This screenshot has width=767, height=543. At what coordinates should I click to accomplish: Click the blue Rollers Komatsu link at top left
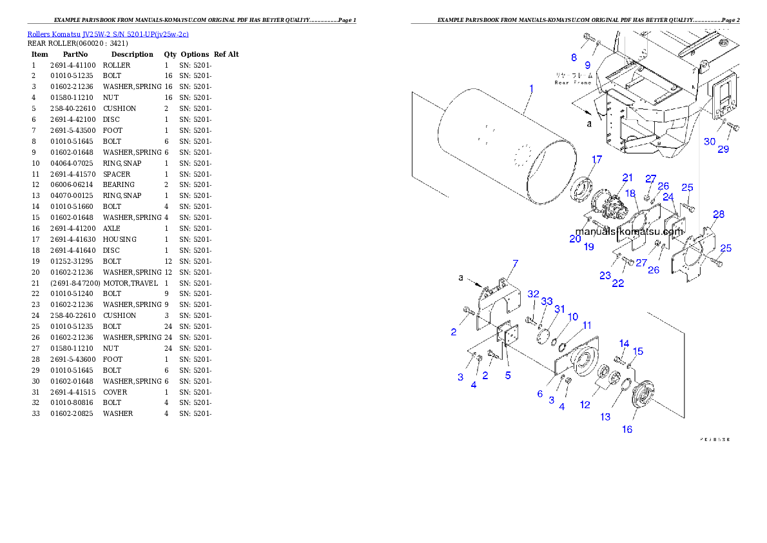click(108, 34)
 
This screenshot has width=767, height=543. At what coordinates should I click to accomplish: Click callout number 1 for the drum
click(531, 88)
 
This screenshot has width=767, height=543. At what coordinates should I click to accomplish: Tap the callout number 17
click(597, 160)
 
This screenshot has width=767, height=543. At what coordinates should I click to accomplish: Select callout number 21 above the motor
click(627, 177)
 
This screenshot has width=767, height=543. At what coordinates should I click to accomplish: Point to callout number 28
click(719, 214)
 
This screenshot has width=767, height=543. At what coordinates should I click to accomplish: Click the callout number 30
click(709, 141)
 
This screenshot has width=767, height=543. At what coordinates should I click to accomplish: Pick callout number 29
click(723, 149)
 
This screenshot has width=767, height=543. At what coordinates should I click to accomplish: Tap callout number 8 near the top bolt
click(574, 57)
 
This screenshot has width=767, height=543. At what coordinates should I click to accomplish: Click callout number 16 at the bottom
click(627, 429)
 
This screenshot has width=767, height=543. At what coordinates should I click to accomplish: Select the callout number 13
click(605, 417)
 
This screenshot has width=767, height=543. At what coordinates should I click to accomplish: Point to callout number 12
click(585, 405)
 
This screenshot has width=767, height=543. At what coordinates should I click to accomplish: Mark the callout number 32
click(532, 294)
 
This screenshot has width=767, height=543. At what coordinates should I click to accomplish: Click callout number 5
click(508, 375)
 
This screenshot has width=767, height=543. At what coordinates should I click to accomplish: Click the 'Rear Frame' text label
click(572, 83)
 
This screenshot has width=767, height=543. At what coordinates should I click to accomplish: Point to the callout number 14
click(624, 344)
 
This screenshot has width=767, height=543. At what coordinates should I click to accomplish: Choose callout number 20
click(575, 239)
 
